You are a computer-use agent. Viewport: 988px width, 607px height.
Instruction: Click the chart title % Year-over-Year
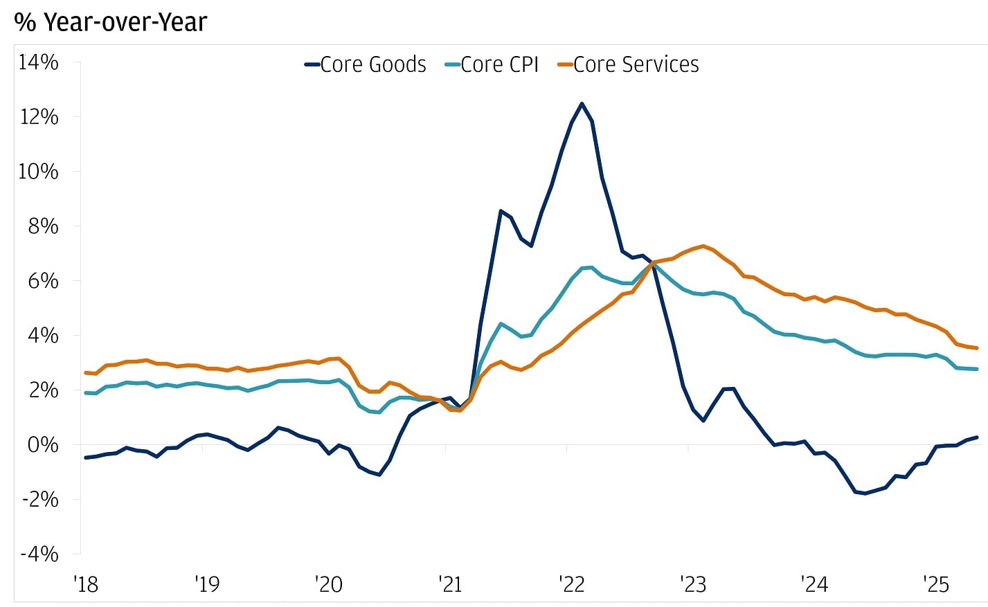[111, 22]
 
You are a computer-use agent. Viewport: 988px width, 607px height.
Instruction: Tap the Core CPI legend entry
[492, 64]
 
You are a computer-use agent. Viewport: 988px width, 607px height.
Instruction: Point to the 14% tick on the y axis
[39, 62]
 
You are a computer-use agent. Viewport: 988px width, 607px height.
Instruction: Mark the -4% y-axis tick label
[39, 554]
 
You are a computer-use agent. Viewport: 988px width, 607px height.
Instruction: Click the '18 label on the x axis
[86, 585]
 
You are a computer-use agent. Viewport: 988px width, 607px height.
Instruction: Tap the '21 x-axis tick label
[450, 585]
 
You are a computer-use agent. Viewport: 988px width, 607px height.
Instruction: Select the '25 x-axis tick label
[936, 585]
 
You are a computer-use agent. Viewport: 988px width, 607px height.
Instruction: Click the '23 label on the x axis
[693, 585]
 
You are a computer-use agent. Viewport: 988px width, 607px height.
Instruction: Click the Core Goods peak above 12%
[582, 104]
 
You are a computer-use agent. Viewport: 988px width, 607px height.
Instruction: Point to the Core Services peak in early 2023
[703, 246]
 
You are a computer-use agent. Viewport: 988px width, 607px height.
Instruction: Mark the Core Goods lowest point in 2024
[865, 493]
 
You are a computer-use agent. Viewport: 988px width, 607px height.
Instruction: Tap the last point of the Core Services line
[977, 348]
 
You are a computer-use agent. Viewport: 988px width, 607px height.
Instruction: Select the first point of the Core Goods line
[86, 457]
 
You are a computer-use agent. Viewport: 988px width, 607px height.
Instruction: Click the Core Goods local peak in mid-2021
[501, 210]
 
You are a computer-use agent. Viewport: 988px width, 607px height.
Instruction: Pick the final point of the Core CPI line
[977, 369]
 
